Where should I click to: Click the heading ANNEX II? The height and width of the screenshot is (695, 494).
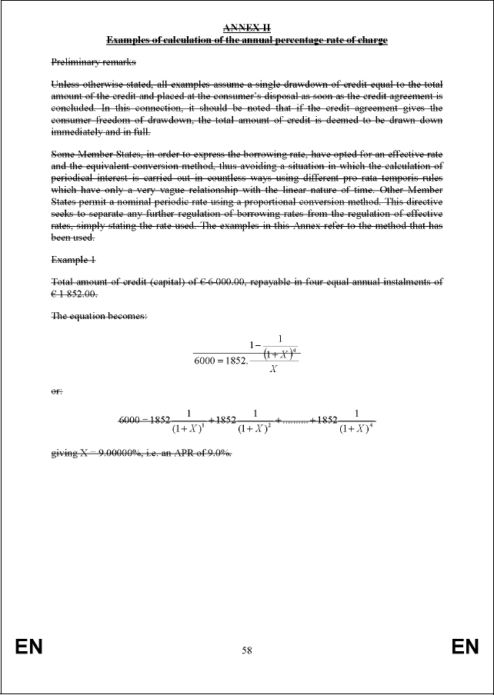point(246,28)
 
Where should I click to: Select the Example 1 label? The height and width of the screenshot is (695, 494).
point(73,261)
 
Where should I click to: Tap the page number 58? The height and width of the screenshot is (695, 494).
point(247,650)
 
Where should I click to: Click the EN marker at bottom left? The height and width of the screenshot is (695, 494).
point(28,647)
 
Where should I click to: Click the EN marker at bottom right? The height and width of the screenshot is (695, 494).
point(466,647)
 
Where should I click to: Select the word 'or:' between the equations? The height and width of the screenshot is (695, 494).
point(57,391)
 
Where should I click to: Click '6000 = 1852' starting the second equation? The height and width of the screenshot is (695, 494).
point(144,420)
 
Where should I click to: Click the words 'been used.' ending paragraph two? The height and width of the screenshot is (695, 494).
point(72,237)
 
